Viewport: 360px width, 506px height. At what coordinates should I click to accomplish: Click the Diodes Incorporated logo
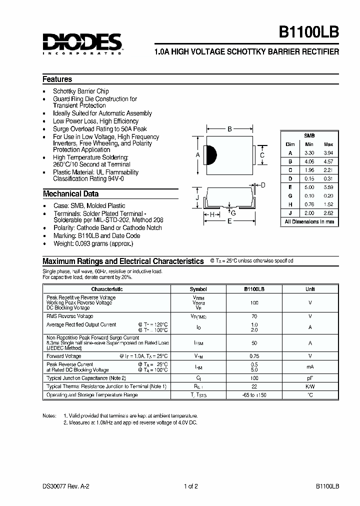point(82,43)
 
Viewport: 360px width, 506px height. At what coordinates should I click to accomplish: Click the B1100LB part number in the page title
point(309,31)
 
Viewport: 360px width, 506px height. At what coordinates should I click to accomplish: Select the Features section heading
point(57,79)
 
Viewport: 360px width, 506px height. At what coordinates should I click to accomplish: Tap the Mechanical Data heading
point(70,193)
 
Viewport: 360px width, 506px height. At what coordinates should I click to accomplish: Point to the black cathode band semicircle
point(210,155)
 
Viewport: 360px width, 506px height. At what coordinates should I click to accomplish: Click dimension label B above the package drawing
point(229,129)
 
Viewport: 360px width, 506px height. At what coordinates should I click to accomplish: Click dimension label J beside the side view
point(197,198)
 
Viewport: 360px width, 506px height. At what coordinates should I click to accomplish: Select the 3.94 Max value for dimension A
point(328,153)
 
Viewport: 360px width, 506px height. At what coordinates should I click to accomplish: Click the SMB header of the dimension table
point(309,135)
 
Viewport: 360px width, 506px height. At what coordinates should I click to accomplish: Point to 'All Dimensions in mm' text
point(309,221)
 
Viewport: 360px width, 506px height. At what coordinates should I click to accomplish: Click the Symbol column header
point(198,289)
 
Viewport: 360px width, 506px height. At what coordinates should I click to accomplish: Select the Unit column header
point(310,289)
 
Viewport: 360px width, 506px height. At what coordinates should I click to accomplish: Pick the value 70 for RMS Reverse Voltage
point(254,316)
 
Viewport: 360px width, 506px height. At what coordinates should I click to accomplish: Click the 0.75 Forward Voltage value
point(254,356)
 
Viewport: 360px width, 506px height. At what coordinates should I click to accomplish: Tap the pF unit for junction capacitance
point(310,378)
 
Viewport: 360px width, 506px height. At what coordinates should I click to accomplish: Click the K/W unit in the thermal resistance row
point(310,386)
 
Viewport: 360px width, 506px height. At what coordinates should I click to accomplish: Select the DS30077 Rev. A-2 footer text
point(66,486)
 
